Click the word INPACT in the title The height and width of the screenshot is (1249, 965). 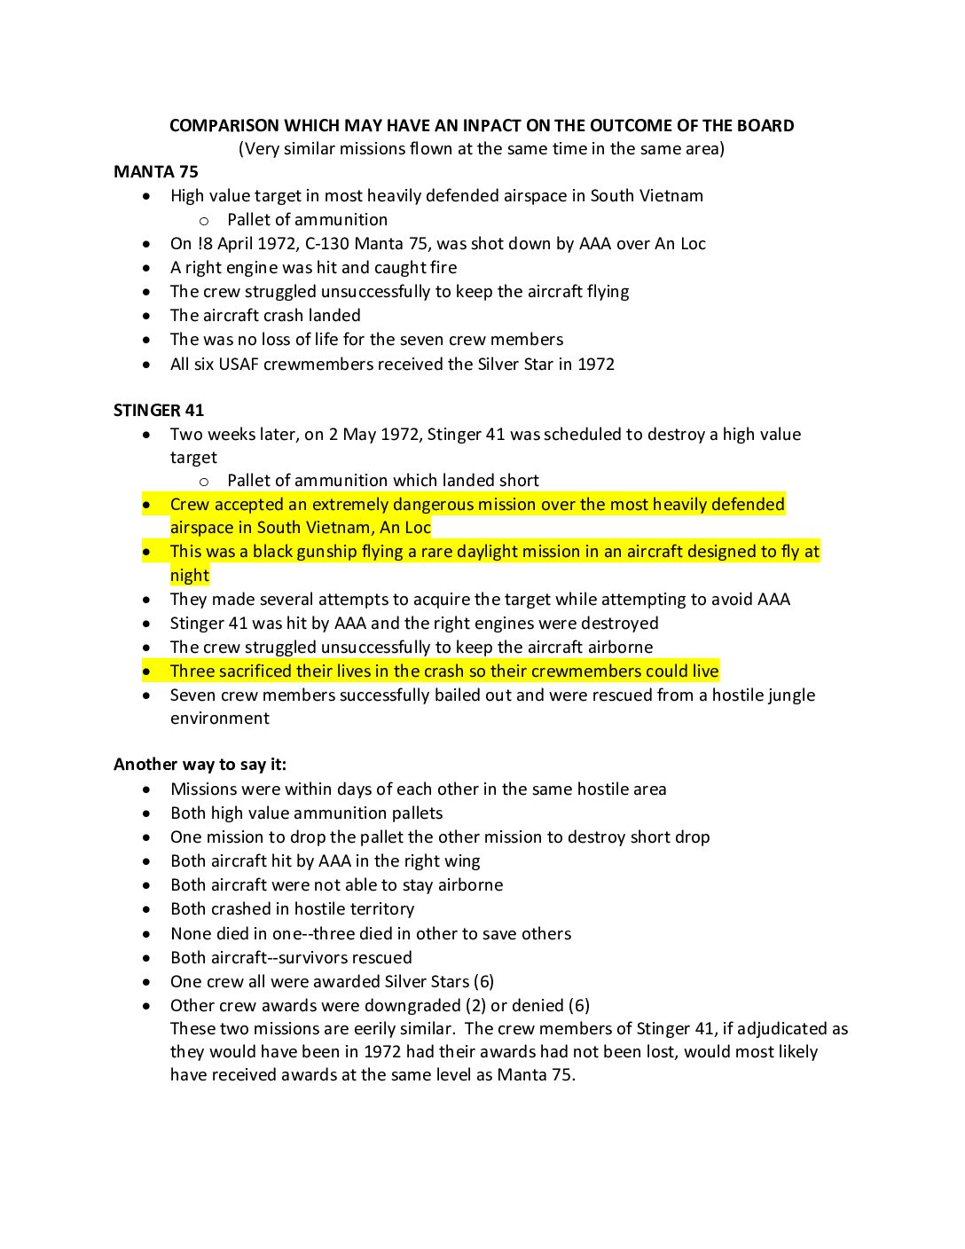(491, 126)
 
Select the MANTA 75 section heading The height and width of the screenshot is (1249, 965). (156, 172)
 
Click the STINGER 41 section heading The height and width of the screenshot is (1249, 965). (159, 411)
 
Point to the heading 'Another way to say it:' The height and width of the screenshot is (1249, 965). (200, 765)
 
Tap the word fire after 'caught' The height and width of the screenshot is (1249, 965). (443, 268)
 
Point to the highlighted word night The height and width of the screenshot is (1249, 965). (190, 576)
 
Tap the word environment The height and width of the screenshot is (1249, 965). (220, 719)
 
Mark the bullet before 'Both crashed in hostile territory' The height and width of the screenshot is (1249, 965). (146, 909)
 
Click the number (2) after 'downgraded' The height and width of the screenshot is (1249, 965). (475, 1006)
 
